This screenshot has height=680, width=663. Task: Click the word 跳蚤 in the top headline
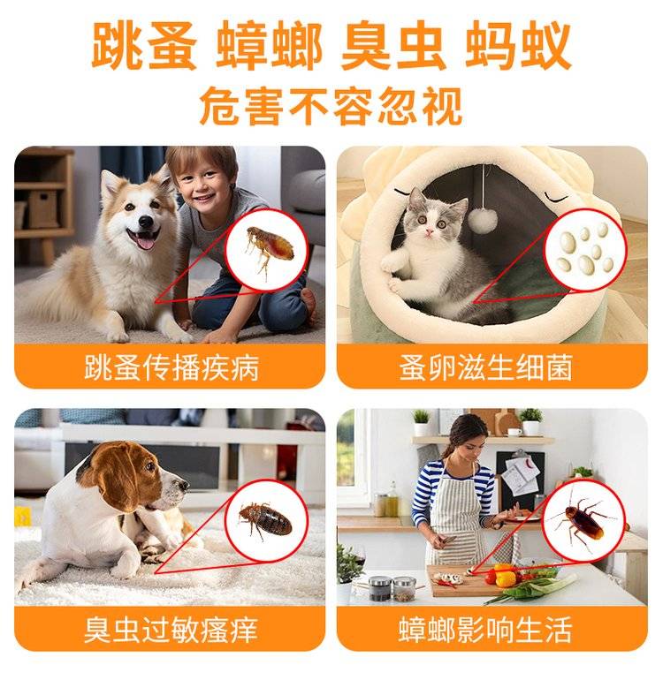[x=144, y=47]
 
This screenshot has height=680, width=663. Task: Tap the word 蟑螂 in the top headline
[x=269, y=47]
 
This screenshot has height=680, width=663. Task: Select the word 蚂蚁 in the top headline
[x=518, y=47]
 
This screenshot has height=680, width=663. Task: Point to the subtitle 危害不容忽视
[x=331, y=106]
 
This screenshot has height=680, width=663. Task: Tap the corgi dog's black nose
[x=145, y=222]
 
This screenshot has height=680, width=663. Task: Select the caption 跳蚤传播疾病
[x=171, y=367]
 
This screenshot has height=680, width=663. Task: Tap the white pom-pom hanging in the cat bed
[x=483, y=220]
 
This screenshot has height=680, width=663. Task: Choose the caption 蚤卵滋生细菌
[x=485, y=367]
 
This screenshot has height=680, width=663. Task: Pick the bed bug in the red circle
[x=264, y=519]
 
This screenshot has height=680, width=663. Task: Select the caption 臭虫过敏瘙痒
[x=171, y=630]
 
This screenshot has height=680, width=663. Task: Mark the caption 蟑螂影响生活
[x=485, y=630]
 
